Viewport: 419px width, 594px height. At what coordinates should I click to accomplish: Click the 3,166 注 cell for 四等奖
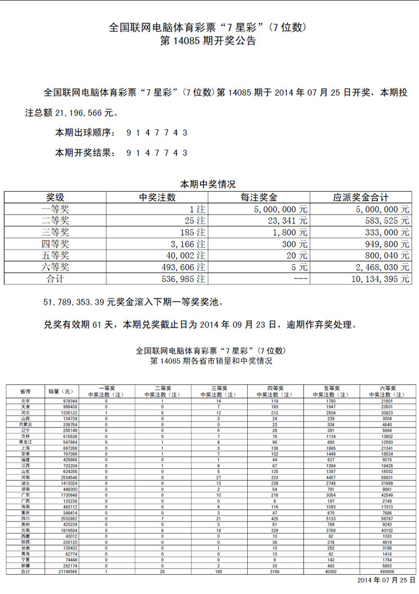point(186,244)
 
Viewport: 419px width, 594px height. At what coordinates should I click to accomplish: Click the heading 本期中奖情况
point(208,184)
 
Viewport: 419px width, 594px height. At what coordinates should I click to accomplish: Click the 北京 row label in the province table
point(25,401)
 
